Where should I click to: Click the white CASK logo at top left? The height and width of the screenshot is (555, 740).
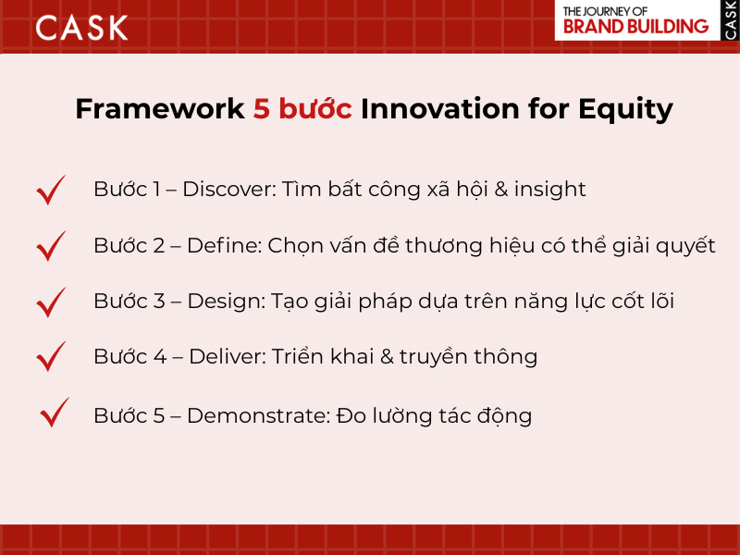pos(81,28)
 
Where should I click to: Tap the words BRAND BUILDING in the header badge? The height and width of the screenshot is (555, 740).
pos(635,26)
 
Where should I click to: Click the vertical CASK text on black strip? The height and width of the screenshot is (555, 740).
pos(729,20)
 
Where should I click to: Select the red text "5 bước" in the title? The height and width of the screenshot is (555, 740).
pos(302,109)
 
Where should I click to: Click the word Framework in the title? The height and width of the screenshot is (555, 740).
pos(159,109)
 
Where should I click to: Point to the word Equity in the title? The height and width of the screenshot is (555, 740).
pos(626,109)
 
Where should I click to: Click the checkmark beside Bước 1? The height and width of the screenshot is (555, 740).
pos(52,190)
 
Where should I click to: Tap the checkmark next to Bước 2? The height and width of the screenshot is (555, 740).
pos(52,246)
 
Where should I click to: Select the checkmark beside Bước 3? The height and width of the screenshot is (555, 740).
pos(52,302)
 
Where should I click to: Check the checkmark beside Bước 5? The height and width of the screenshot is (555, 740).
pos(55,413)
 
